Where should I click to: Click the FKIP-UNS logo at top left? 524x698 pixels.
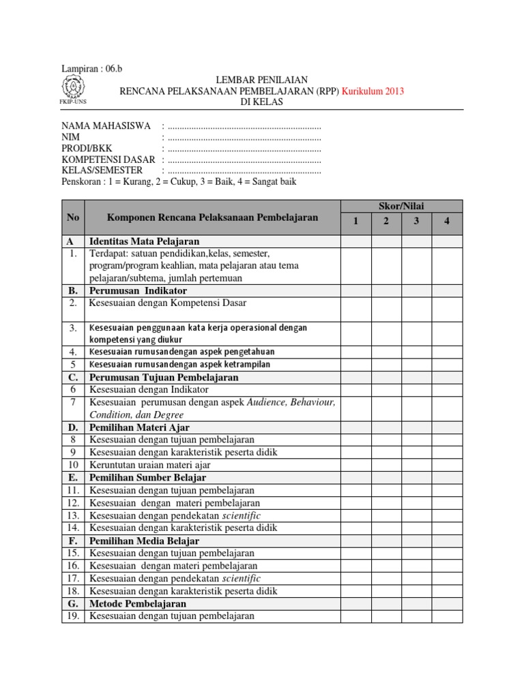(72, 89)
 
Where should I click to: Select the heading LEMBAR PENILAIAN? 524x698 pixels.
(261, 80)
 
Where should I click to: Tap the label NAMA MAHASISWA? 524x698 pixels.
(106, 127)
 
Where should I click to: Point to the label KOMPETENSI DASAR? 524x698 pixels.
(108, 160)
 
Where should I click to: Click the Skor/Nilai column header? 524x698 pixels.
(401, 206)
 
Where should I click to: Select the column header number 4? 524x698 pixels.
(447, 222)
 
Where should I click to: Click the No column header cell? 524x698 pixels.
(73, 217)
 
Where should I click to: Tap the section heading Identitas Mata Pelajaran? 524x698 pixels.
(144, 242)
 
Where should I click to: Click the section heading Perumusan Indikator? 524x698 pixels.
(138, 291)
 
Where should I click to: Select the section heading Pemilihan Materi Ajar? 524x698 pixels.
(139, 427)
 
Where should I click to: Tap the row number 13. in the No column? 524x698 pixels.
(73, 515)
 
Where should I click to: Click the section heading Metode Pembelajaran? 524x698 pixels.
(138, 604)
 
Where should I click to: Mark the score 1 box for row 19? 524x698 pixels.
(355, 616)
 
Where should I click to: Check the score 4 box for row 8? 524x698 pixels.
(447, 440)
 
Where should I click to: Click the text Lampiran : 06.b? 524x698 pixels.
(92, 69)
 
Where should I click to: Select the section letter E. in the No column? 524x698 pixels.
(73, 478)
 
